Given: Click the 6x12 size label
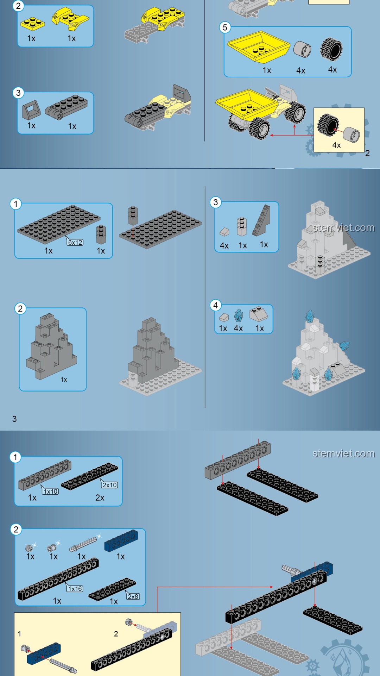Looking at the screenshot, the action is [75, 242].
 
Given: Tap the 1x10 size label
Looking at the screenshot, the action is [51, 491].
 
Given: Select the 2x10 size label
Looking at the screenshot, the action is [110, 485].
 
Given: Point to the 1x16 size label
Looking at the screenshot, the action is [75, 589].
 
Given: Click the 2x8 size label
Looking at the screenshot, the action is [133, 596].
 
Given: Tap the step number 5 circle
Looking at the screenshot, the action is [225, 27].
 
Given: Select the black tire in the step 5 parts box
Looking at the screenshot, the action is [331, 49].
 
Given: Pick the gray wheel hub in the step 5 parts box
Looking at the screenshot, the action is [302, 49].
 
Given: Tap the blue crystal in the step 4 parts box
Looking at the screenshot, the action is [239, 315].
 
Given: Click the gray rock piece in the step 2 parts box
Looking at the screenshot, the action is [51, 347].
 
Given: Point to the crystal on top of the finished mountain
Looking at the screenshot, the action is [310, 316].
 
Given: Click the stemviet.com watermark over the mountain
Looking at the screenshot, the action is [344, 228].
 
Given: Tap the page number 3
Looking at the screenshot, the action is [14, 419].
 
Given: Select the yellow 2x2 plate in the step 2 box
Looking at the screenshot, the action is [32, 24].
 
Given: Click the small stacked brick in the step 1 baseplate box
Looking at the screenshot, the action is [101, 234].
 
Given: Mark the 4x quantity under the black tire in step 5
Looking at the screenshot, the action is [332, 69].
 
